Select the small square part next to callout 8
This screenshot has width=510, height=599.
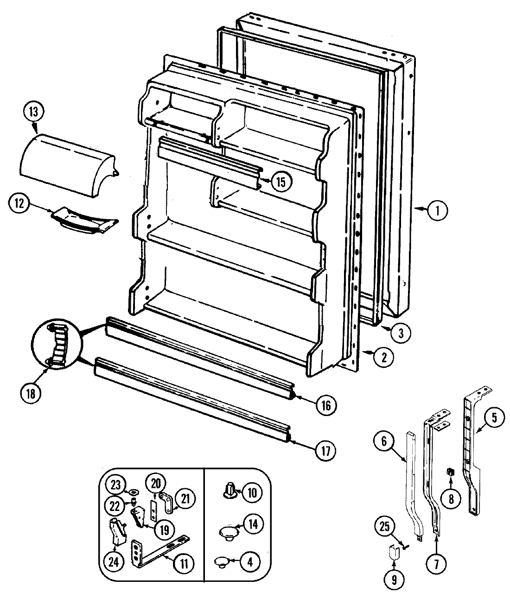pyautogui.click(x=449, y=472)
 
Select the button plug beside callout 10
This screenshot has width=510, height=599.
pyautogui.click(x=229, y=491)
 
